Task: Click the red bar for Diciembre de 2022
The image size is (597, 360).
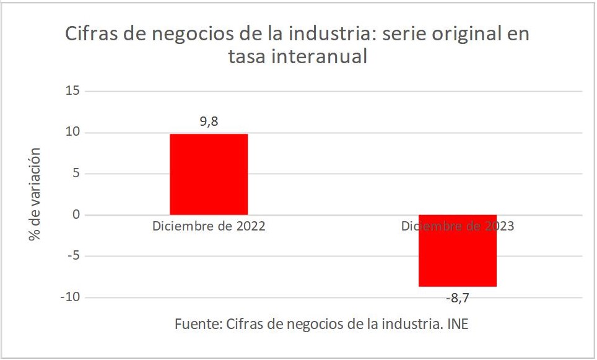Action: (x=209, y=174)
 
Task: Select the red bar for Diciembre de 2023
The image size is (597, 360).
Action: (x=457, y=250)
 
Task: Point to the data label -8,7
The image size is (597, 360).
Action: (x=458, y=298)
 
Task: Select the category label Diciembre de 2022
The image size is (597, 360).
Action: (x=209, y=226)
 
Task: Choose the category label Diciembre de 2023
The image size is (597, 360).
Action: (x=457, y=226)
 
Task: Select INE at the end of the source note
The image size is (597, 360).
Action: (x=465, y=323)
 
